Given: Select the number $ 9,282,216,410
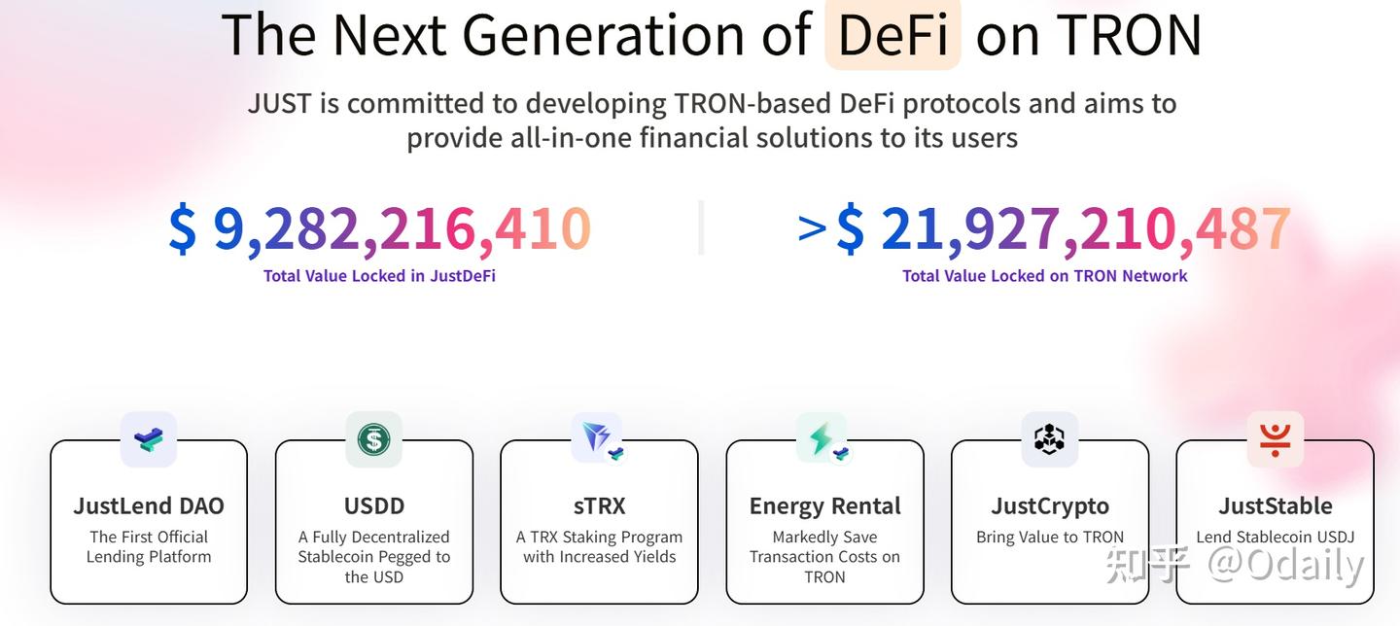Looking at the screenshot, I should tap(379, 229).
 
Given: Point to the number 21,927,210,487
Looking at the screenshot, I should tap(1085, 229).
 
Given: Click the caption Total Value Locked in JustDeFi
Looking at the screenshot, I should tap(379, 276).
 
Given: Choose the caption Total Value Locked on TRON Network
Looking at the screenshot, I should tap(1044, 276).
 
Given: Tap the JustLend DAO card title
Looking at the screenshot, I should tap(149, 506).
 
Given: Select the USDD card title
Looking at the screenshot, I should tap(374, 506).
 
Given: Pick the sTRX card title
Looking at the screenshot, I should tap(599, 506).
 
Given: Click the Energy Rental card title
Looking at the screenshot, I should tap(824, 506).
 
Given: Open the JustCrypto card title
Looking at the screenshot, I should tap(1050, 506).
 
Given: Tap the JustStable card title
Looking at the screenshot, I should tap(1275, 506).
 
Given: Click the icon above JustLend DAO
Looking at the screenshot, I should tap(149, 439).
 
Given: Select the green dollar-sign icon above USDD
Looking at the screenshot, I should tap(374, 439).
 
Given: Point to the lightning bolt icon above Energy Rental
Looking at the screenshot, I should tap(822, 439).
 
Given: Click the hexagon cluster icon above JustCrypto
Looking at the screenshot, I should tap(1050, 439).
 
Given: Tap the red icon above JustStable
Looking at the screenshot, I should tap(1275, 439).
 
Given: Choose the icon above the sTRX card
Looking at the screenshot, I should tap(598, 439).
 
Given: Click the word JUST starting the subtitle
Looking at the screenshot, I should tap(279, 104).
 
